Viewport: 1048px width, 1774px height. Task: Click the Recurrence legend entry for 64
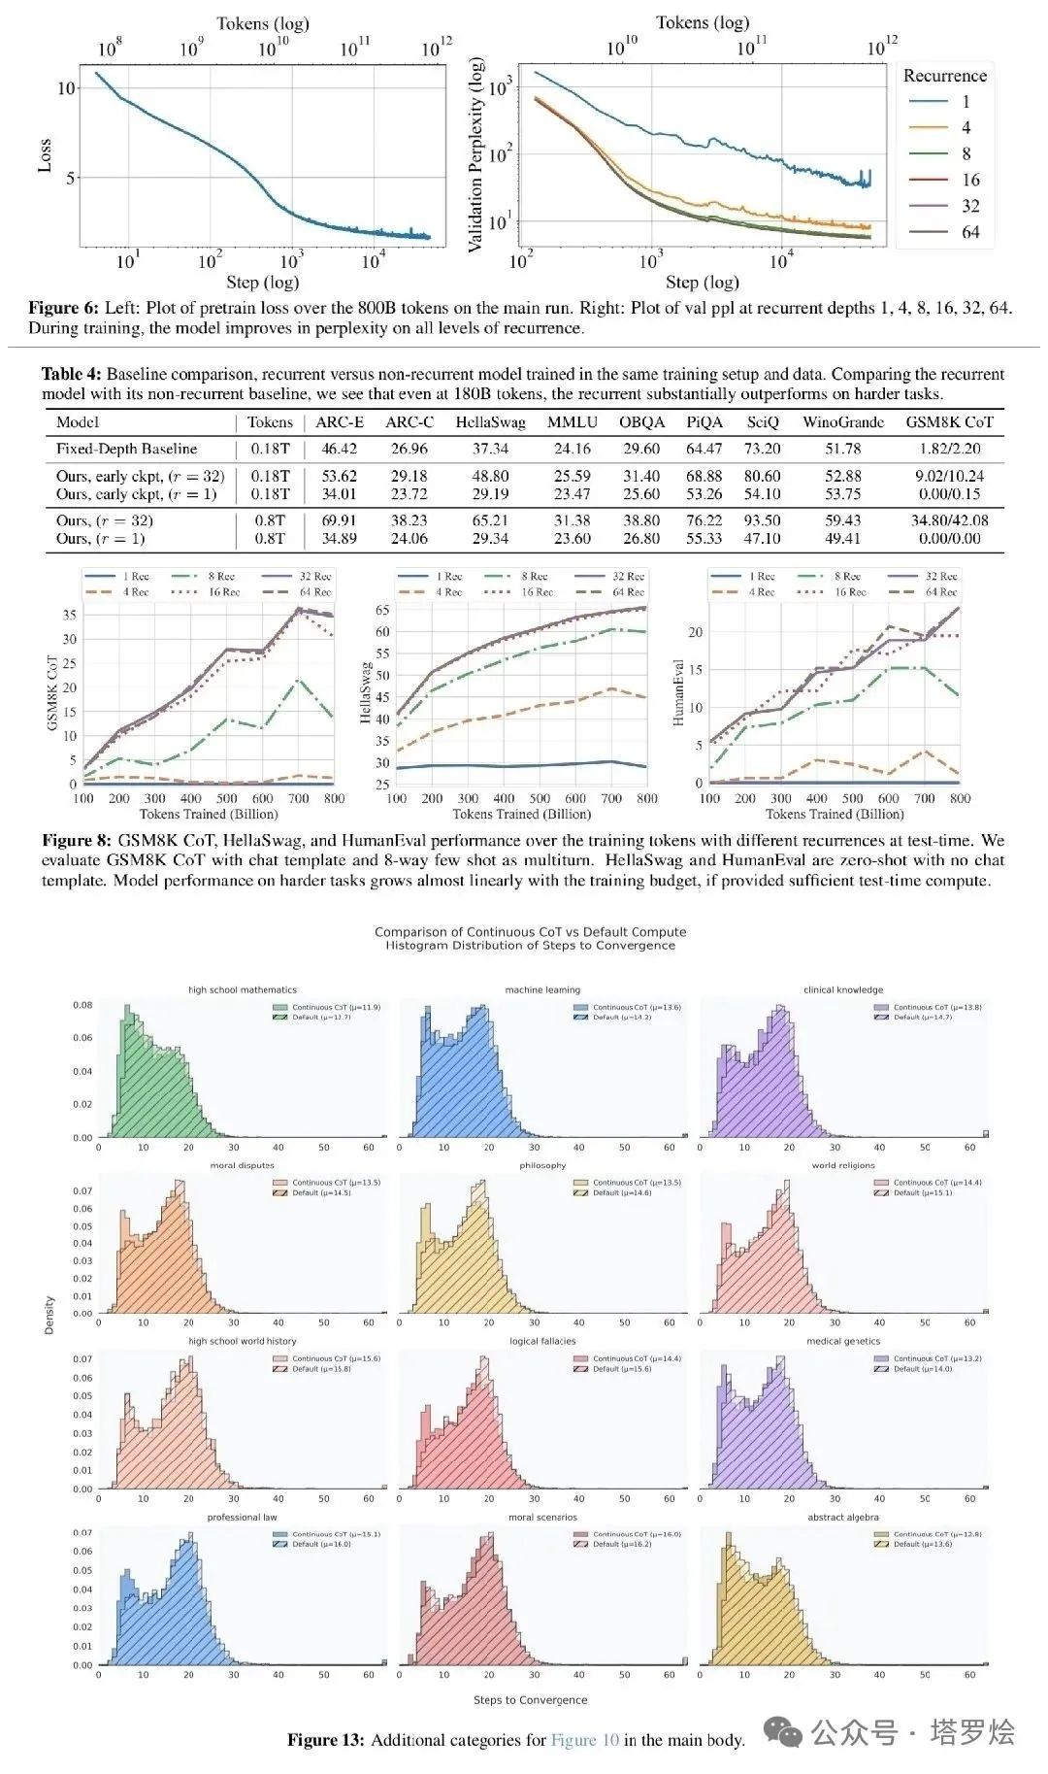tap(970, 232)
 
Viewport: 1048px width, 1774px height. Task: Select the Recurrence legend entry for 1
tap(966, 102)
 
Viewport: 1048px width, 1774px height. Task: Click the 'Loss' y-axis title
tap(44, 156)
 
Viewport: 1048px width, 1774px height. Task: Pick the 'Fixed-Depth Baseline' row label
tap(126, 449)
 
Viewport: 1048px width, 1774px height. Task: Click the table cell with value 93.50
tap(762, 520)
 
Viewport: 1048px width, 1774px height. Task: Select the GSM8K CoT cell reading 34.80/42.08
tap(949, 520)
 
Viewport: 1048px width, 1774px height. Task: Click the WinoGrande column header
tap(842, 422)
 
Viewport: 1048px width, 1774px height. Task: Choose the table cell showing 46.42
tap(339, 449)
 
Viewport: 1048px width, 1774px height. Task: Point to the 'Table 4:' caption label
tap(72, 374)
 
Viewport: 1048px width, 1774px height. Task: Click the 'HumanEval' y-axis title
tap(678, 693)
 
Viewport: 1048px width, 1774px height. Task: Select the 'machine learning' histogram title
tap(542, 990)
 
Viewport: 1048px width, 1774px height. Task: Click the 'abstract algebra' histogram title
tap(842, 1517)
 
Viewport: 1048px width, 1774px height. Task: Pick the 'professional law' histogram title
tap(242, 1517)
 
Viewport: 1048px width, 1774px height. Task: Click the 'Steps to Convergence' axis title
tap(530, 1700)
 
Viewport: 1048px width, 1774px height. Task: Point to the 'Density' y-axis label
tap(49, 1314)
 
